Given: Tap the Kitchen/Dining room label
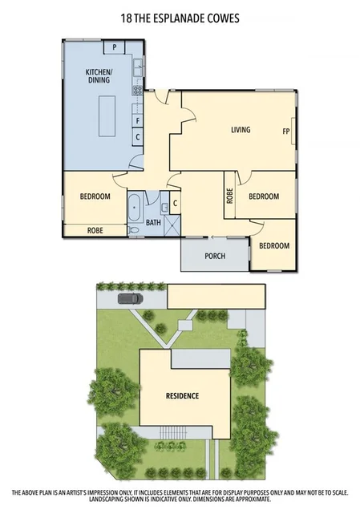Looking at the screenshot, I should [99, 76].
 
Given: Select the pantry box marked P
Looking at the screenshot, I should [115, 47].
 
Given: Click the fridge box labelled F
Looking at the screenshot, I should [138, 122].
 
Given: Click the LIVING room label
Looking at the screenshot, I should [241, 130].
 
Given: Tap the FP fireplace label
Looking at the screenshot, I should [285, 131].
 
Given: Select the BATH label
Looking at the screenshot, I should [153, 223].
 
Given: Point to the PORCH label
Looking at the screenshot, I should [215, 257].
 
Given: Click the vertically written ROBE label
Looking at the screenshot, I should [229, 195].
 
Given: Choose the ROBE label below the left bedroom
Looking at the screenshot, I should [95, 229].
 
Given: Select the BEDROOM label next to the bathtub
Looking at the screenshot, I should [95, 196].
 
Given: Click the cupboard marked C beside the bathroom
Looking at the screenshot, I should [175, 203].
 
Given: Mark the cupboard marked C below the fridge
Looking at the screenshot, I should [138, 137].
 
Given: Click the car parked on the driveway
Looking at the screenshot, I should [130, 299].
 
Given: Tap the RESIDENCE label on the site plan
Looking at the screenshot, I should [182, 396].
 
